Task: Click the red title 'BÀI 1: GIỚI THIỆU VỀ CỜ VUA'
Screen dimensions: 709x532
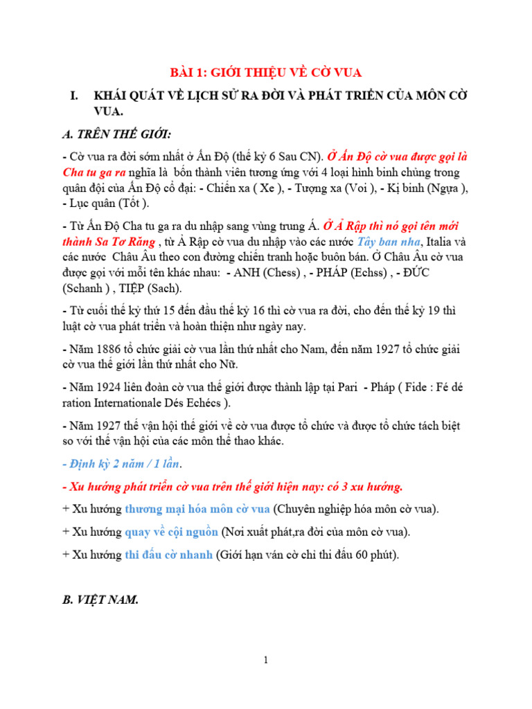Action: (x=266, y=73)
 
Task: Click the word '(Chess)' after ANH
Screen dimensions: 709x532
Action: (x=276, y=272)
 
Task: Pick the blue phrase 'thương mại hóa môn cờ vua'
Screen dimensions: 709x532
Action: (x=197, y=509)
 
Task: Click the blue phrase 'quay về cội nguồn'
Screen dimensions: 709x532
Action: (x=171, y=532)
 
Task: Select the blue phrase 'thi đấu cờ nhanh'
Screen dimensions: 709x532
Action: (x=168, y=555)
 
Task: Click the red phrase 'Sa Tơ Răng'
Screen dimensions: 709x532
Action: (x=126, y=242)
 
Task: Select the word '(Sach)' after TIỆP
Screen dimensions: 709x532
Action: (x=164, y=287)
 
